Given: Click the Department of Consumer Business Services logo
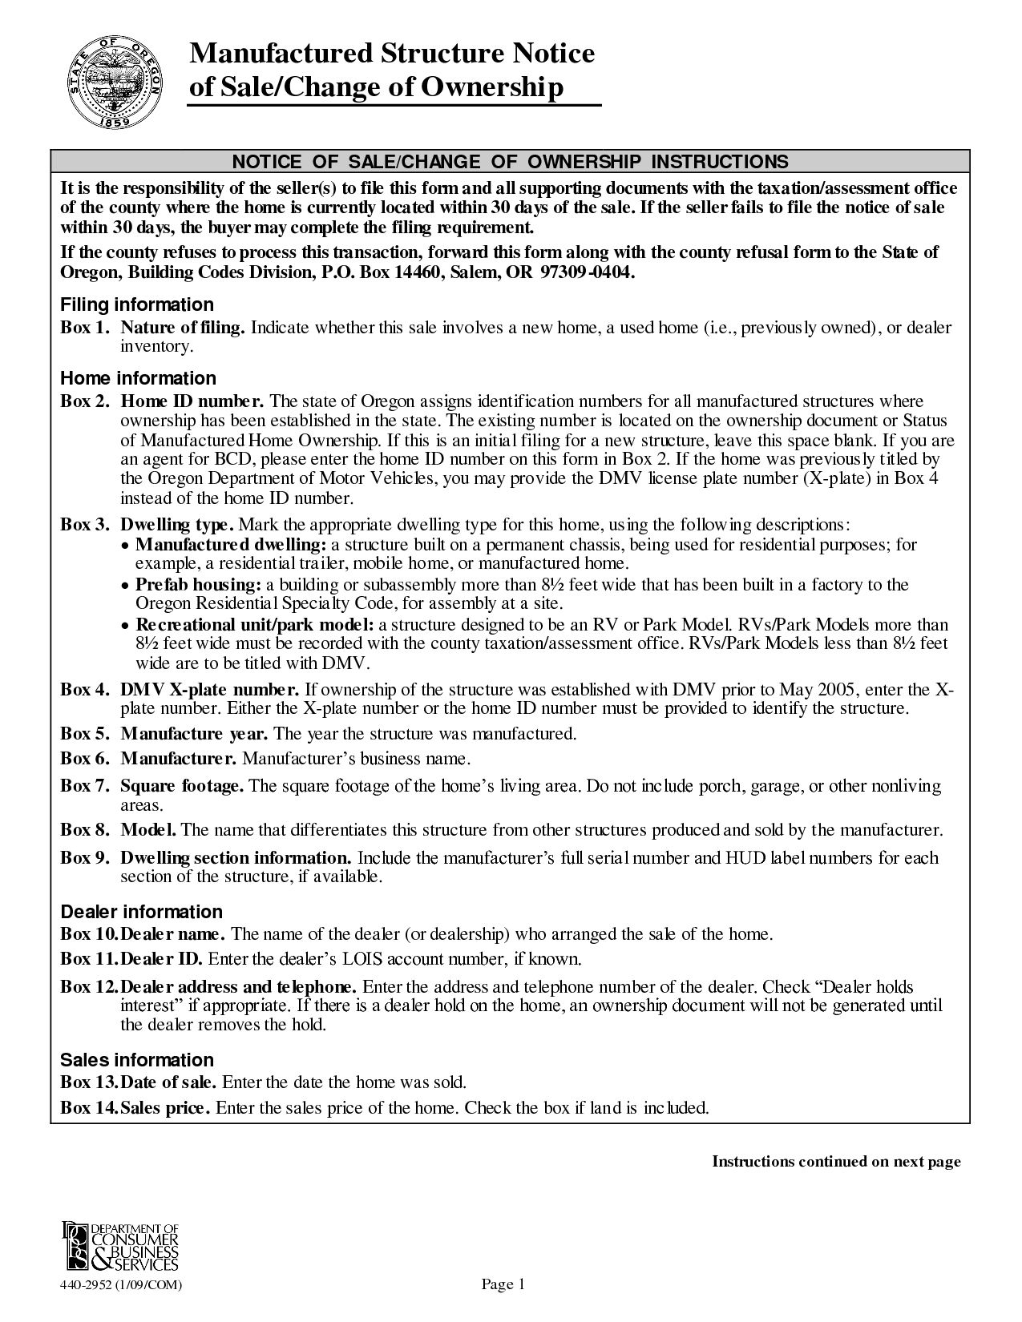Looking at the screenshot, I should [x=120, y=1246].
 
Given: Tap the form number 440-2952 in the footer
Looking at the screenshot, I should [x=121, y=1285].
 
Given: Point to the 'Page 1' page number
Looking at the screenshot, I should [x=503, y=1284].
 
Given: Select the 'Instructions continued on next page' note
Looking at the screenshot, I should [x=836, y=1162].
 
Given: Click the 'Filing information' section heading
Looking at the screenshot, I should [x=137, y=304].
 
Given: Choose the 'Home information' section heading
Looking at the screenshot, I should [x=138, y=378].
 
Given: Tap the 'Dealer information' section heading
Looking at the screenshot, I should [x=141, y=912].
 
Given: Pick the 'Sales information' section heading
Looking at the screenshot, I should [x=137, y=1060].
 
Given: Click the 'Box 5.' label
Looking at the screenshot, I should [x=84, y=734].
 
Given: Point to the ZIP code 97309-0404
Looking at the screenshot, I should [x=587, y=272].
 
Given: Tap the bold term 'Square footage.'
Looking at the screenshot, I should [x=182, y=786].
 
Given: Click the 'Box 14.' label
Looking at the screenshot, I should [x=88, y=1108].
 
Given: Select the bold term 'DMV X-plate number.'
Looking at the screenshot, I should [x=210, y=690].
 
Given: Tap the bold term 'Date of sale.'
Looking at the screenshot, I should [x=168, y=1082].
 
